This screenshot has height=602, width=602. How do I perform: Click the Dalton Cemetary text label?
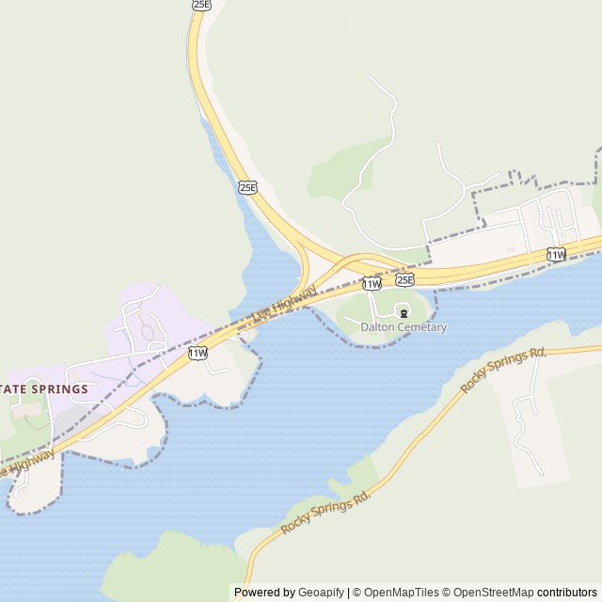click(404, 327)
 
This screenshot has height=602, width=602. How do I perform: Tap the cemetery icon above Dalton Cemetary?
click(404, 312)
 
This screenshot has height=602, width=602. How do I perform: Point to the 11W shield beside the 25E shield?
click(372, 283)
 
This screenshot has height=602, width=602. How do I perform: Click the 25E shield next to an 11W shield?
click(404, 279)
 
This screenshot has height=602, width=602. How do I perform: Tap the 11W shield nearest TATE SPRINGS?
click(198, 353)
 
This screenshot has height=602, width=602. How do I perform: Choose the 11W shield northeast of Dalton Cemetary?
click(556, 254)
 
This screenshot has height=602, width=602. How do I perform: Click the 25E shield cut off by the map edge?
click(201, 5)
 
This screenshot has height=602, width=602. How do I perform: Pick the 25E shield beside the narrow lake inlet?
click(247, 186)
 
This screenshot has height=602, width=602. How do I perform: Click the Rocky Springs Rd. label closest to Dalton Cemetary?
click(503, 370)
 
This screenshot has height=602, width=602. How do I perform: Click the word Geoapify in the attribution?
click(321, 593)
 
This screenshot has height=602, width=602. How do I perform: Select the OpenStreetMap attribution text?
click(491, 593)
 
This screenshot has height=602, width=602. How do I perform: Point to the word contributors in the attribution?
click(567, 593)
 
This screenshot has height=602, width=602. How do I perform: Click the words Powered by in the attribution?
click(264, 593)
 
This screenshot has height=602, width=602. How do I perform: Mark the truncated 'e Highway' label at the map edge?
click(26, 460)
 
